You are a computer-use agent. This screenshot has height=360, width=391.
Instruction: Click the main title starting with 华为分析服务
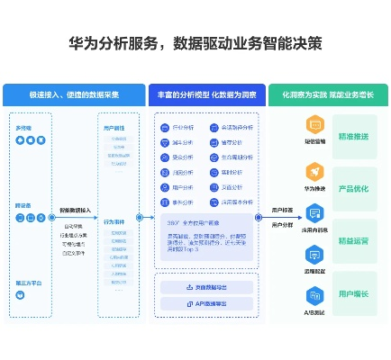coord(195,42)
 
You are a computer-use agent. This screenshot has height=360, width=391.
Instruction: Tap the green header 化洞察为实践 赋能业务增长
coord(328,94)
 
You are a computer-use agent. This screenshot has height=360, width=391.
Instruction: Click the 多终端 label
coord(23,129)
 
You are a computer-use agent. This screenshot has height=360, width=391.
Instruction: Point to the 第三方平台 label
coord(27,283)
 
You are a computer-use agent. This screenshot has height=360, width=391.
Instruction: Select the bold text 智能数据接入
coord(76,211)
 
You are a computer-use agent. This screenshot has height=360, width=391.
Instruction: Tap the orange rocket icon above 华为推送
coord(314,171)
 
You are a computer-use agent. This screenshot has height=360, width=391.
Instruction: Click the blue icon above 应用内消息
coord(314,212)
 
